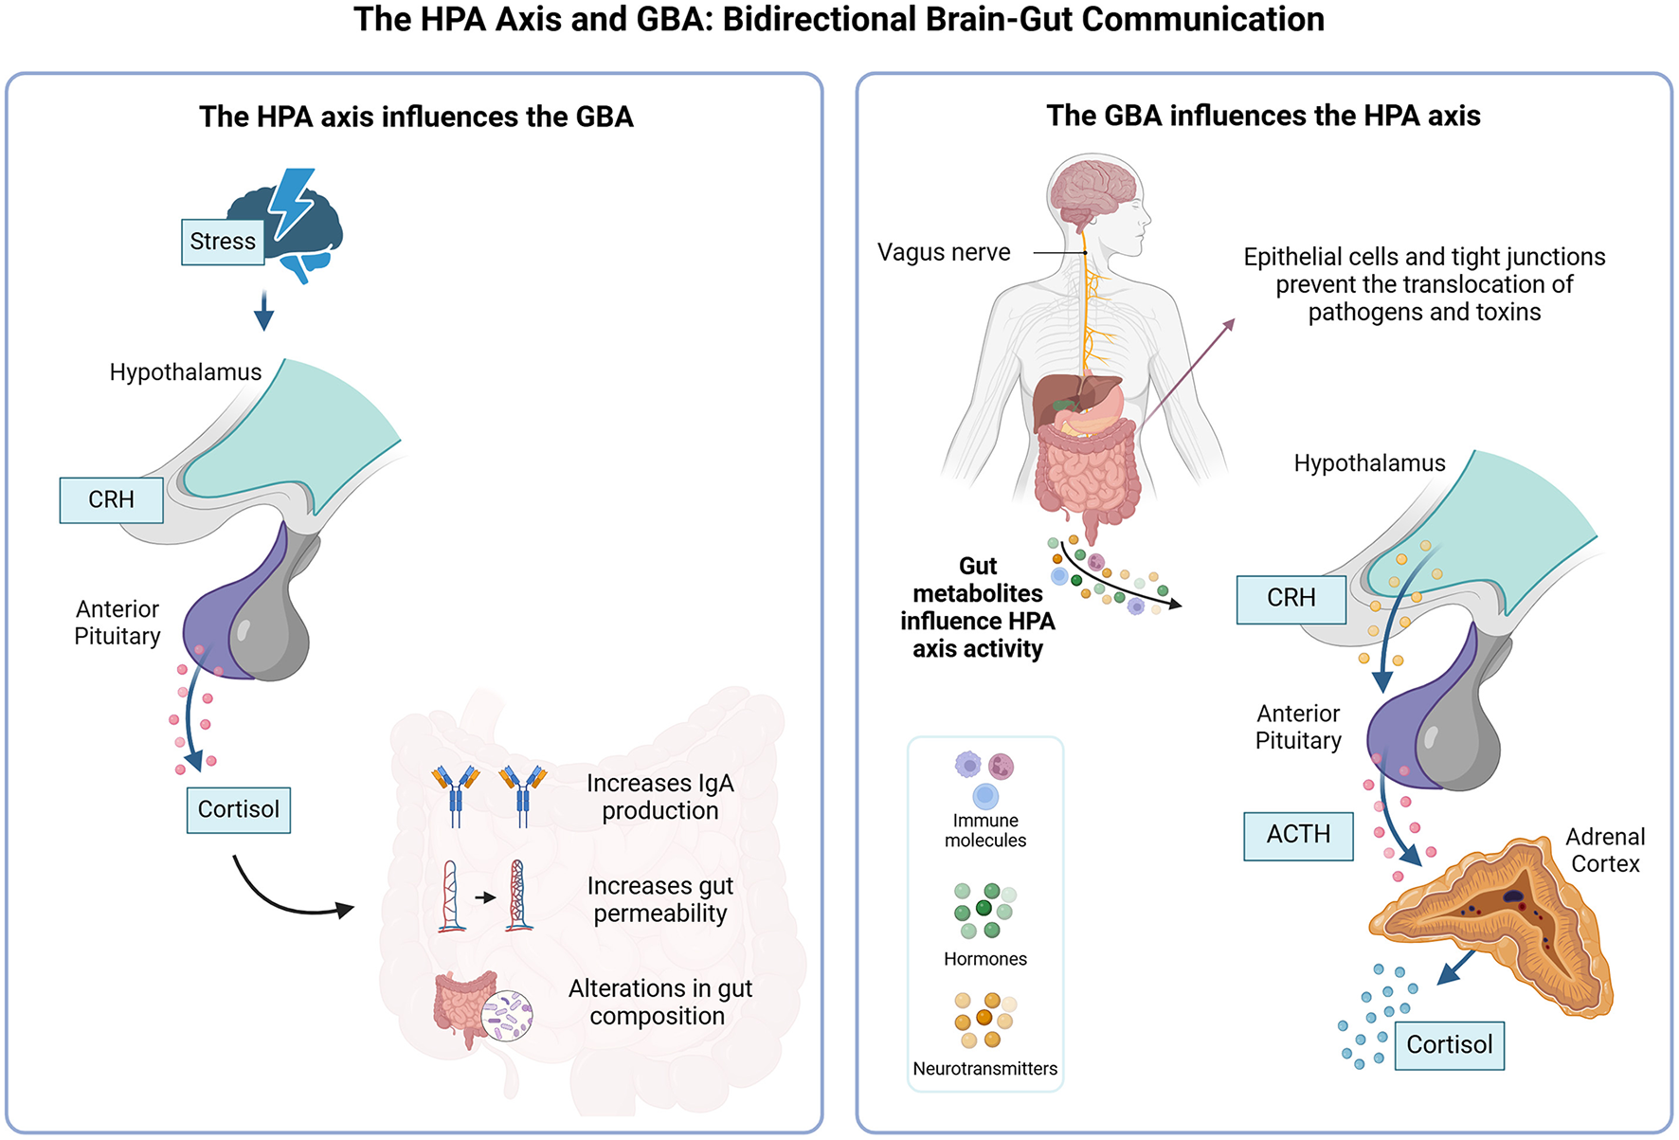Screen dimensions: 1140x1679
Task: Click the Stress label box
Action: (223, 242)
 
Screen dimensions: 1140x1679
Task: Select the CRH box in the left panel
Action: (111, 499)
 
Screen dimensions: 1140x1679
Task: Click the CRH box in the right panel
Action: (1291, 599)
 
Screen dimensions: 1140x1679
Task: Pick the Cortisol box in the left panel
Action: (238, 809)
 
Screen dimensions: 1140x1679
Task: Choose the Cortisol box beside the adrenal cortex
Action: (1449, 1044)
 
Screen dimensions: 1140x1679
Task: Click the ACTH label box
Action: (1298, 835)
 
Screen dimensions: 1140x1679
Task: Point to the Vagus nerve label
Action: (944, 253)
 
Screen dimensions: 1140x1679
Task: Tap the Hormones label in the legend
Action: (985, 959)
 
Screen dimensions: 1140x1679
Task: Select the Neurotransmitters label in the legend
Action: (985, 1069)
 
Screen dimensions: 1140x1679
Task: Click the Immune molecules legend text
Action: (985, 830)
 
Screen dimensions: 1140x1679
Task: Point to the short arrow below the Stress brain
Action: (263, 310)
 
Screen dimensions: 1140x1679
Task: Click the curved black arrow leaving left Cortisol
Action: (284, 896)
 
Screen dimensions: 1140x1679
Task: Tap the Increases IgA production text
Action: (660, 797)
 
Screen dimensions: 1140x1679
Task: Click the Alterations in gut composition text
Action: (660, 1002)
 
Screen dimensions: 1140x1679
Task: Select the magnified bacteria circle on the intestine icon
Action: (507, 1016)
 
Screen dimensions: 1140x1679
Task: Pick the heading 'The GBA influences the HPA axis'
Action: (1263, 116)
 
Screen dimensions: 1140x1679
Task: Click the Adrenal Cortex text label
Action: (1605, 850)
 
